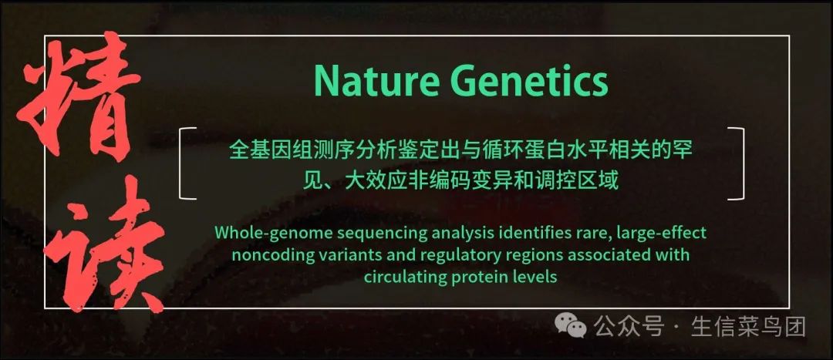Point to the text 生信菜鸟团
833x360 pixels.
pyautogui.click(x=748, y=326)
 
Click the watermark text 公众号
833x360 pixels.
pyautogui.click(x=629, y=326)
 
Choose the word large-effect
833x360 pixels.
pyautogui.click(x=662, y=233)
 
